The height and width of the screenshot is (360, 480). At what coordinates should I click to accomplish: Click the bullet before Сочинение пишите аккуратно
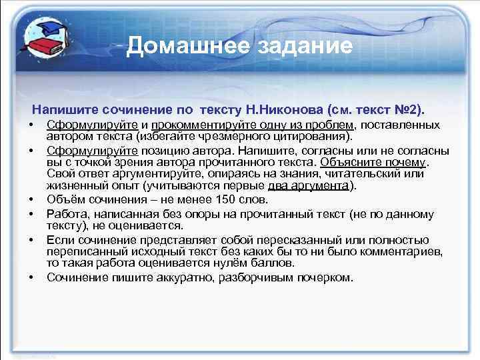click(31, 277)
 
